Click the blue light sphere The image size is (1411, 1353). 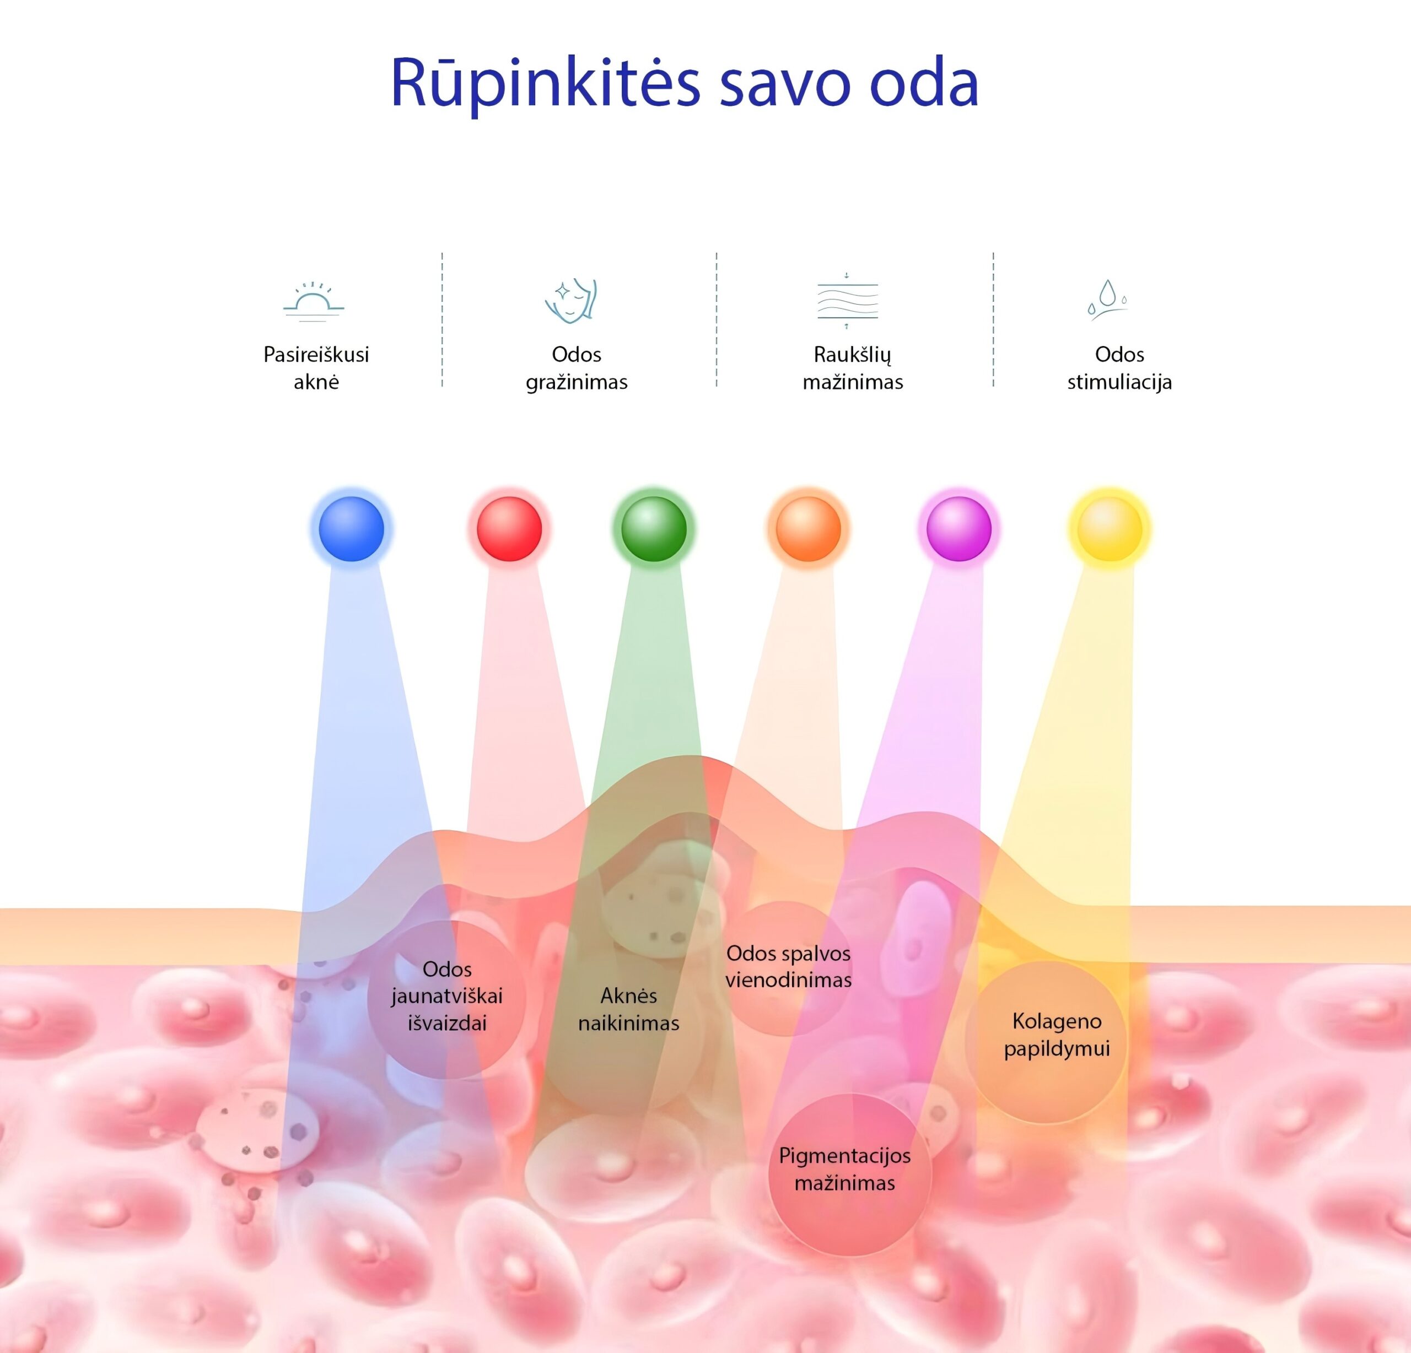click(x=351, y=529)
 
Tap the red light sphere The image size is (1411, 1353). click(x=509, y=529)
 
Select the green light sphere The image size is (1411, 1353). click(x=654, y=529)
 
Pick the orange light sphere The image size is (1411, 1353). click(x=807, y=529)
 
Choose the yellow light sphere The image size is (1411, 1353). click(x=1110, y=529)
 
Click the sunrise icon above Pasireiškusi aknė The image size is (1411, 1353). click(x=314, y=301)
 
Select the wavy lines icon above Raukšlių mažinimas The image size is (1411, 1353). click(x=847, y=301)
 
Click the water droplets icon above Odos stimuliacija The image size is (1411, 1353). click(x=1107, y=299)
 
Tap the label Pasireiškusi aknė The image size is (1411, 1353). click(x=316, y=368)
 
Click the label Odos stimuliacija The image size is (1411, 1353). click(x=1119, y=368)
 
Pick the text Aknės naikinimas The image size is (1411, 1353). click(x=628, y=1009)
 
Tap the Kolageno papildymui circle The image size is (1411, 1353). click(x=1056, y=1034)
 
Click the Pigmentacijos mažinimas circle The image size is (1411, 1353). click(x=847, y=1177)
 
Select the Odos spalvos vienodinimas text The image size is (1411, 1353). click(x=788, y=966)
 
